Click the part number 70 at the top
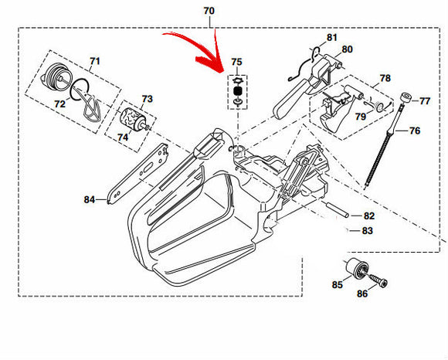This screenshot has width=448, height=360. pos(209,11)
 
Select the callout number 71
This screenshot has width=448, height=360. pos(94,61)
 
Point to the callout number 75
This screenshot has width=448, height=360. pos(236,61)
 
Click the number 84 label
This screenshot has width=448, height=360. pos(90,199)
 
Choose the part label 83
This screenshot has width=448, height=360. pos(368,229)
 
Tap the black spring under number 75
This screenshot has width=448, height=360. pos(237,89)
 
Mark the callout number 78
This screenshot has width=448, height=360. pos(385,78)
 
